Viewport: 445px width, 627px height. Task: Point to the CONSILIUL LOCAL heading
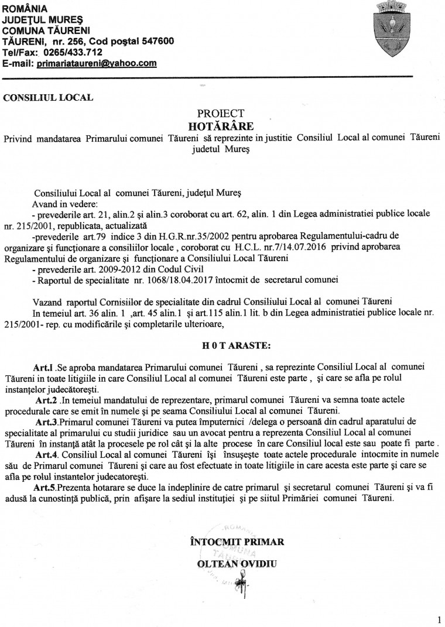point(48,98)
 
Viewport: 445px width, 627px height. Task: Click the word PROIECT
point(220,114)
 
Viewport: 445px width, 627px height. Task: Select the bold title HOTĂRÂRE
point(220,125)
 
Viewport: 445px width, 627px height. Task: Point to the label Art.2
point(46,400)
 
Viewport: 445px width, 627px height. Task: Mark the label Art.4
point(46,454)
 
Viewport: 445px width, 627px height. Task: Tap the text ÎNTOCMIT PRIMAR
point(237,542)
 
